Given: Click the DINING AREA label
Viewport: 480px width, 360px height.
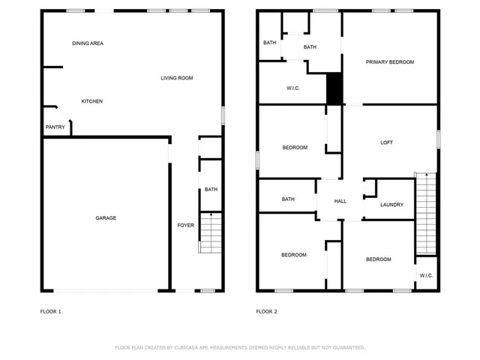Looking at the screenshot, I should pyautogui.click(x=88, y=43).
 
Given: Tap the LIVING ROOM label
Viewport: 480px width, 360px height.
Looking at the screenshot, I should pyautogui.click(x=177, y=78).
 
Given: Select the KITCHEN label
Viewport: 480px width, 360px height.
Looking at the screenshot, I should pyautogui.click(x=92, y=101).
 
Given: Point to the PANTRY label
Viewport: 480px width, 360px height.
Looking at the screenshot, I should pyautogui.click(x=55, y=127).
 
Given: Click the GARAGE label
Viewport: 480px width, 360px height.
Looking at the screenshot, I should pyautogui.click(x=106, y=218).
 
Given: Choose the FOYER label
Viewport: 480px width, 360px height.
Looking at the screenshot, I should pyautogui.click(x=185, y=225).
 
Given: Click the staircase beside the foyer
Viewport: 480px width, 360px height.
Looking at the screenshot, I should pyautogui.click(x=211, y=232).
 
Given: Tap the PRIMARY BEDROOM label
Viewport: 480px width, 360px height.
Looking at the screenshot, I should pyautogui.click(x=390, y=62).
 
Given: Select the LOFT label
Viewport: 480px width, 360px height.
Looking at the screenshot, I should pyautogui.click(x=387, y=142).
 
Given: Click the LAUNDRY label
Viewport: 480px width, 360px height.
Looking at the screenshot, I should pyautogui.click(x=391, y=205).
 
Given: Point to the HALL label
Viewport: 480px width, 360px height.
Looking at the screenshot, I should pyautogui.click(x=340, y=201).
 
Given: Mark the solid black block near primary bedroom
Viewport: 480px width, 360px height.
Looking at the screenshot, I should pyautogui.click(x=334, y=88).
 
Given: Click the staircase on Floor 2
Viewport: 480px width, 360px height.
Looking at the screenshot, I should pyautogui.click(x=425, y=214).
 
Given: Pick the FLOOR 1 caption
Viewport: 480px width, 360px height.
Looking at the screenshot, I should pyautogui.click(x=50, y=311).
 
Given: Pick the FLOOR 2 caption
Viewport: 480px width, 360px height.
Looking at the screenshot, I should pyautogui.click(x=267, y=311).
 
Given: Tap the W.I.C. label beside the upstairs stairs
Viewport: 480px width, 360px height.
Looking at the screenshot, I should pyautogui.click(x=426, y=275).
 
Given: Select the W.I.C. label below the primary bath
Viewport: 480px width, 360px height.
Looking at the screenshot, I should pyautogui.click(x=293, y=88).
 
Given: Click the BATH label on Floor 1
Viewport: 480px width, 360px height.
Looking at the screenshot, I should pyautogui.click(x=211, y=190).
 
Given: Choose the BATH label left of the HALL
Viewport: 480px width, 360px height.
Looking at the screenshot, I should pyautogui.click(x=288, y=199).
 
